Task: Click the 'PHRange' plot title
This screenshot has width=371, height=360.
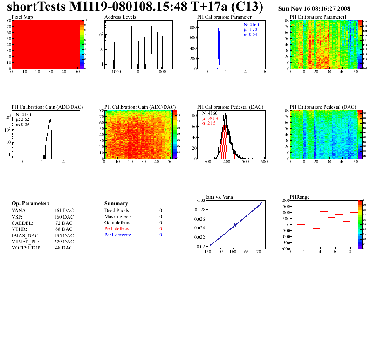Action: click(x=299, y=197)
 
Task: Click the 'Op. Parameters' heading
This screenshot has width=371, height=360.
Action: click(x=30, y=204)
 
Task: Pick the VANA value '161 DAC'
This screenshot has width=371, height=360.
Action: click(x=64, y=211)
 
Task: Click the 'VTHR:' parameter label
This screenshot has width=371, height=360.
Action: click(x=19, y=229)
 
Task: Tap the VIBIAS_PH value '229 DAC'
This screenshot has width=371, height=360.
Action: click(x=64, y=242)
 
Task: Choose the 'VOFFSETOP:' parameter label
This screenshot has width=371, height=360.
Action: click(x=27, y=248)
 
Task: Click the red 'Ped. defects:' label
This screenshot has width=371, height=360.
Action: click(x=117, y=229)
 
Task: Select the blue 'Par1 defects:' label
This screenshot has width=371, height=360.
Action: click(x=117, y=235)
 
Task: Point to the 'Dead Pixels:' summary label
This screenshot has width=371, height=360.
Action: click(x=117, y=211)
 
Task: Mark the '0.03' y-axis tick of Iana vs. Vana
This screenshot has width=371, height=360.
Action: click(x=200, y=201)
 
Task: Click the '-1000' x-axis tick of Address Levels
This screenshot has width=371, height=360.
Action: click(x=115, y=72)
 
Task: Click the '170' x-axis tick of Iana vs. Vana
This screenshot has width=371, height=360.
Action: click(x=258, y=252)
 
